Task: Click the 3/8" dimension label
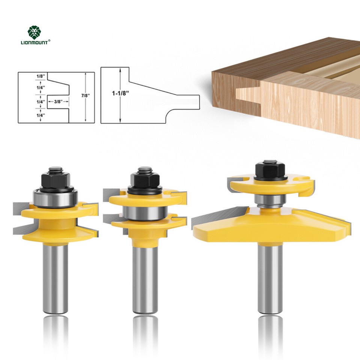tap(58, 102)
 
